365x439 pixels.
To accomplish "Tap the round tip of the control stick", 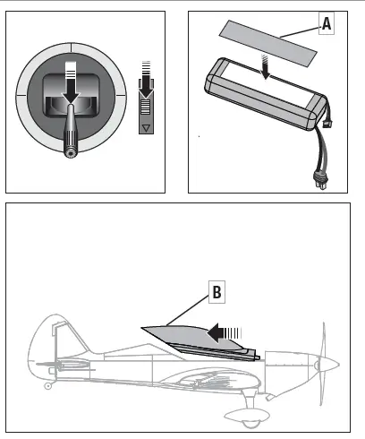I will tap(70, 152).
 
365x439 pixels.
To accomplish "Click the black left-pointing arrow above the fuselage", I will tap(219, 333).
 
